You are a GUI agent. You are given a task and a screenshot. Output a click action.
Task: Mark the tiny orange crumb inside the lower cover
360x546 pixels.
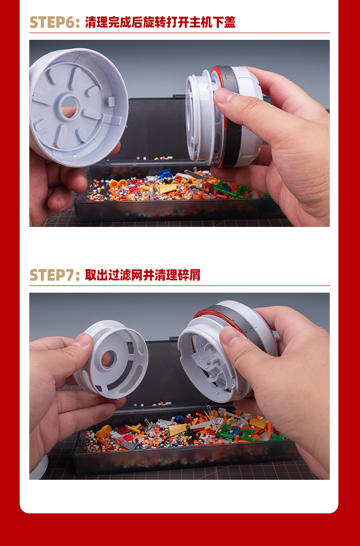pyautogui.click(x=55, y=144)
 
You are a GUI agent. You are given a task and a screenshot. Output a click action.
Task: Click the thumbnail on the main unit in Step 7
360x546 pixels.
pyautogui.click(x=229, y=336)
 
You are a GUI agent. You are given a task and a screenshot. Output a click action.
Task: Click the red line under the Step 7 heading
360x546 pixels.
pyautogui.click(x=180, y=286)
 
